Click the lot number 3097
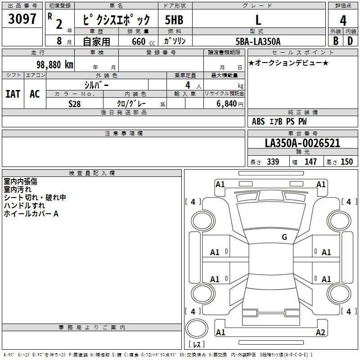point(22,18)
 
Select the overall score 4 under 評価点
point(343,21)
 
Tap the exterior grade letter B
point(336,41)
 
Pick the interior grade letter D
point(350,41)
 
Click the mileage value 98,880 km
point(54,65)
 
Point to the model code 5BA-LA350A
point(258,41)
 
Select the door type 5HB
point(174,20)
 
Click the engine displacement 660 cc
point(143,41)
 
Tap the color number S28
point(75,104)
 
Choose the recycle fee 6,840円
point(230,104)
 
